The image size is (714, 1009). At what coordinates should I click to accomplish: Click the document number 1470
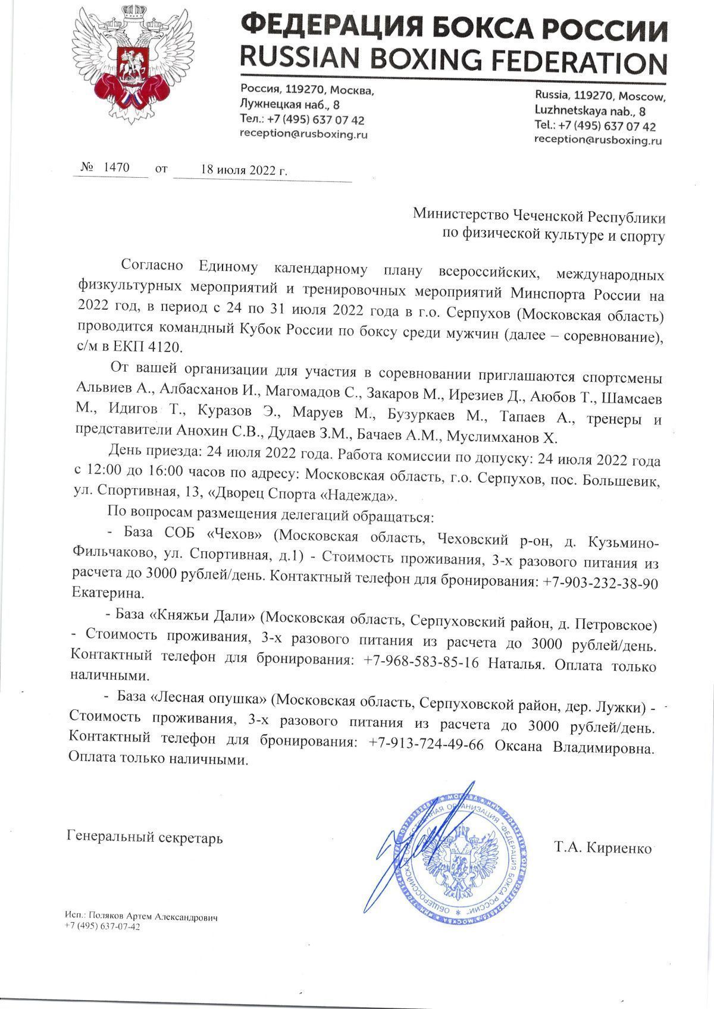point(116,167)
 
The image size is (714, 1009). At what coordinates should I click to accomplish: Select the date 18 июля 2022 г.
point(244,169)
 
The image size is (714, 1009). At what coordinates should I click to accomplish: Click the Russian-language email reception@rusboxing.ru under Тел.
point(303,134)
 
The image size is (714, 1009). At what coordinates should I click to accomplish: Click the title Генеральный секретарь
point(146,838)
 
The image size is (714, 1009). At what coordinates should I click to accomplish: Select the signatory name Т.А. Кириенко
point(603,847)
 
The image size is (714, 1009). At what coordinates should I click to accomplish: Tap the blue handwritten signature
point(416,844)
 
